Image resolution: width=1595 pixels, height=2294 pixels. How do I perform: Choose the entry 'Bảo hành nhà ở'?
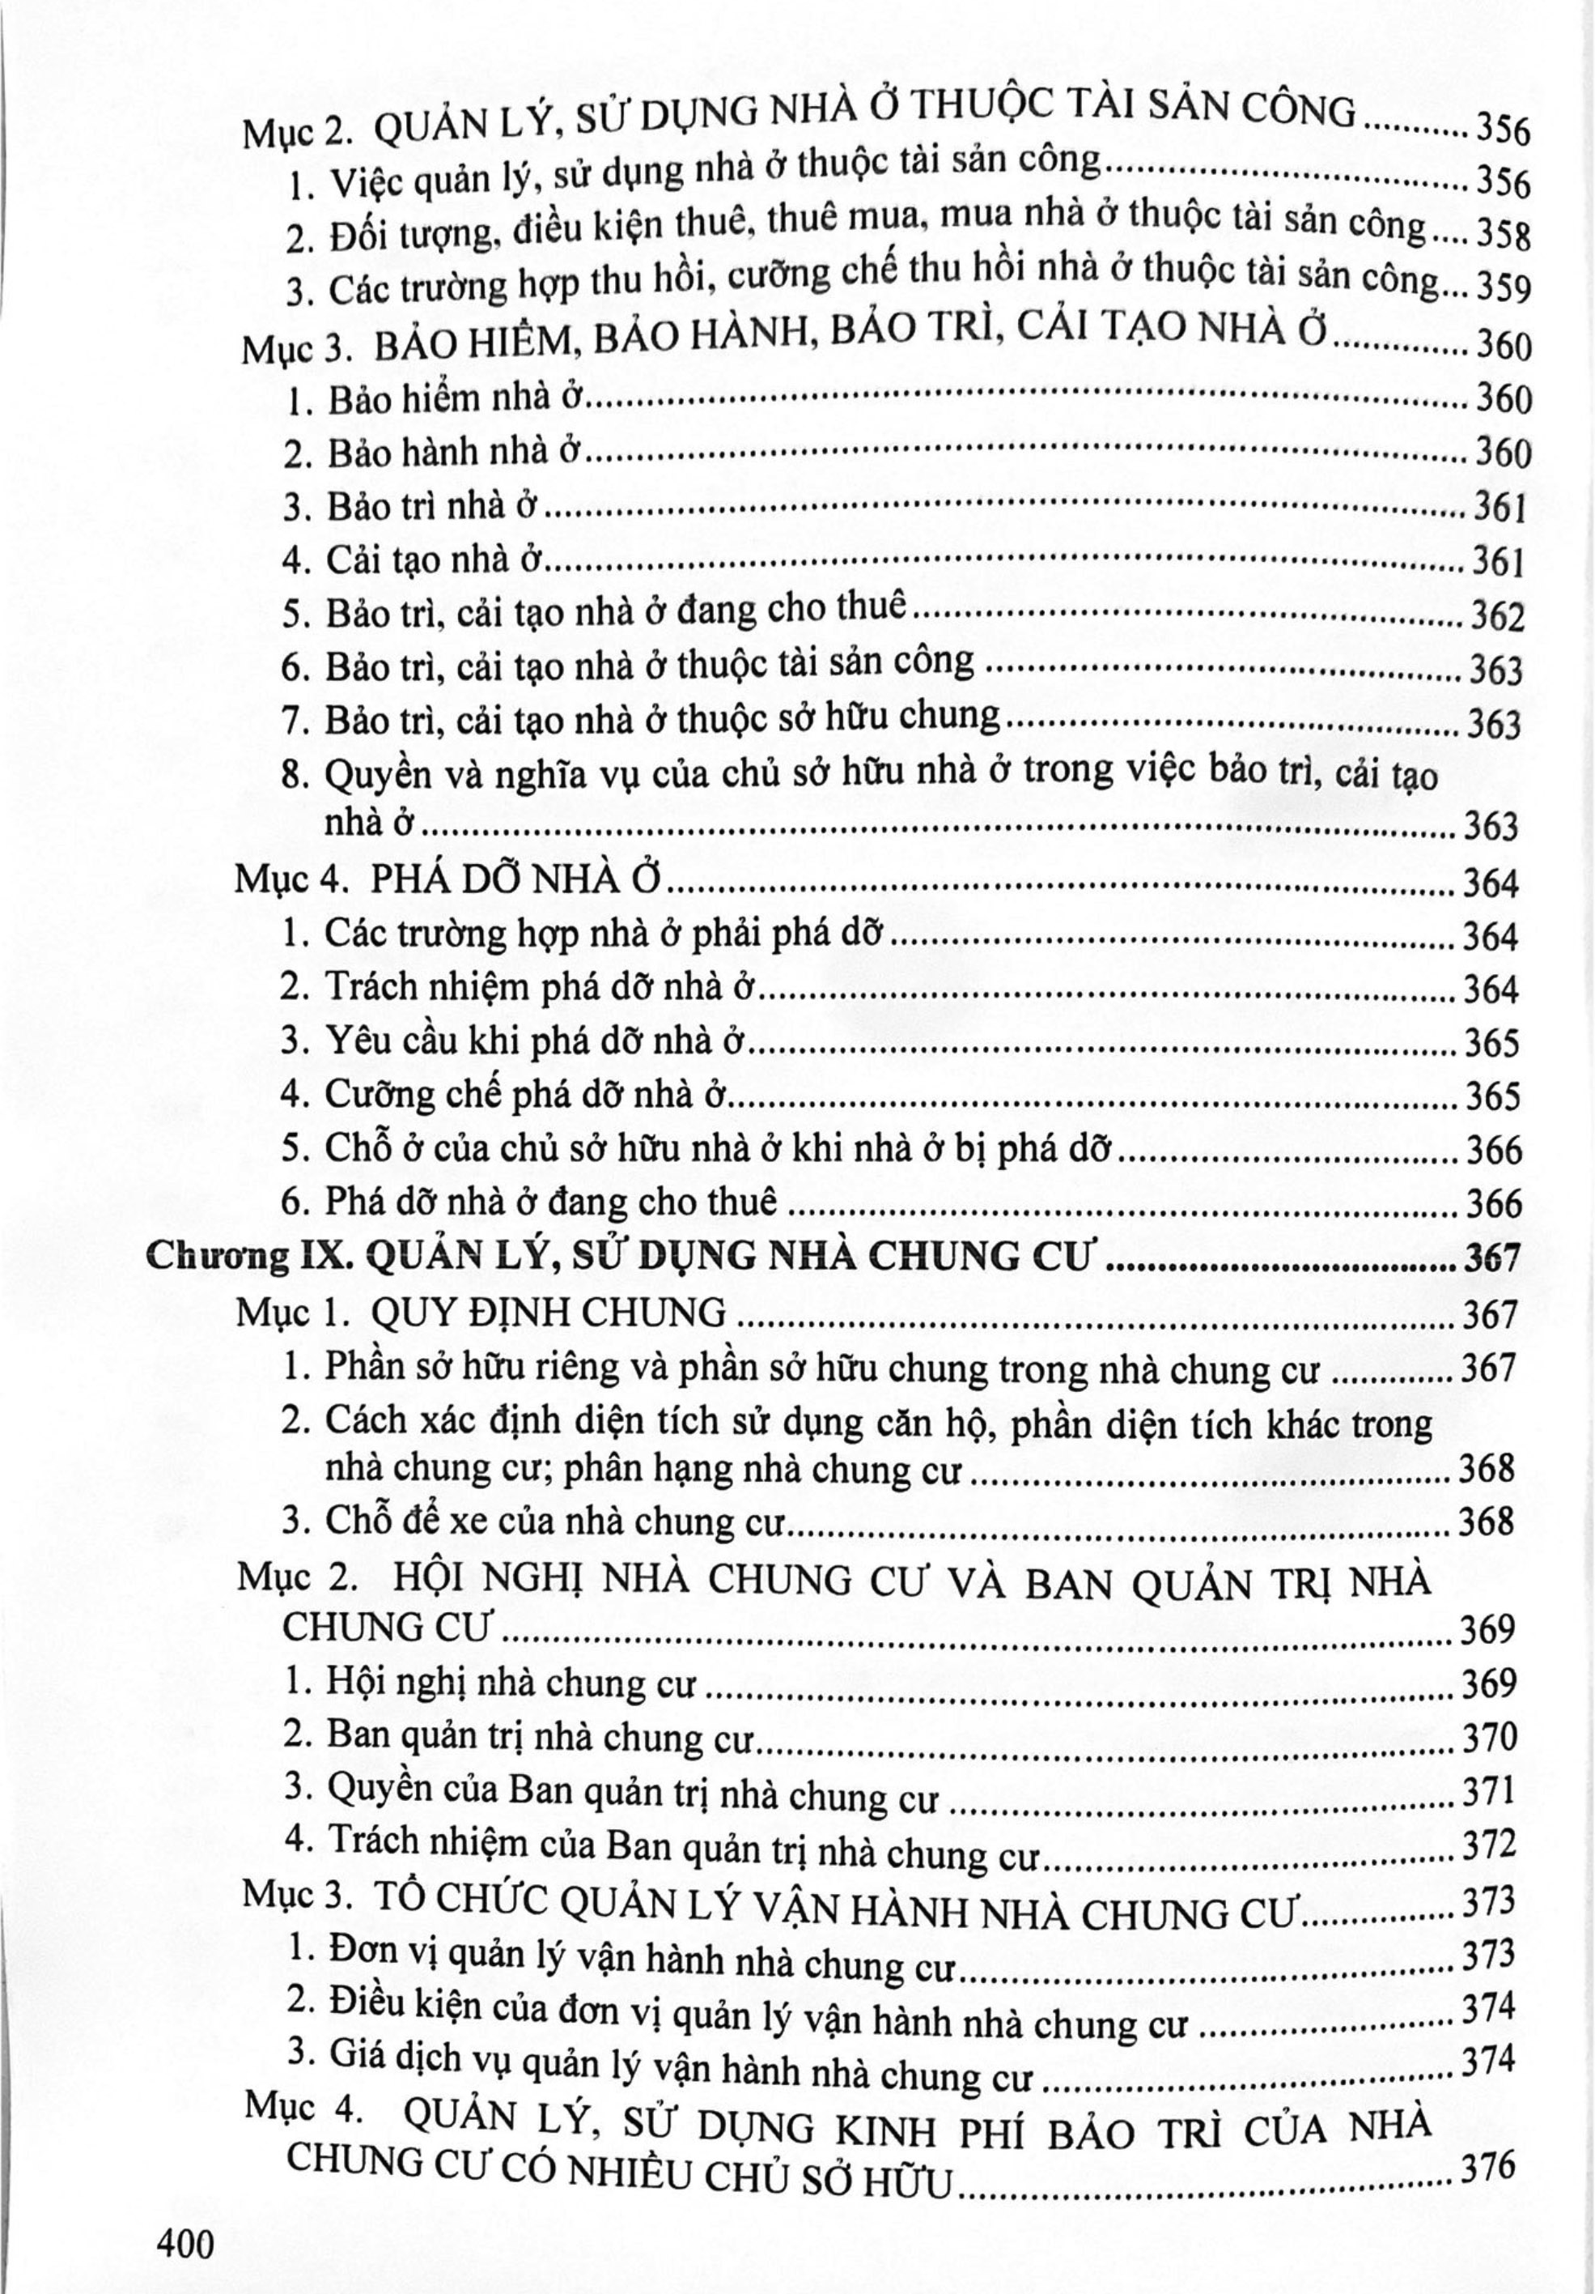click(455, 453)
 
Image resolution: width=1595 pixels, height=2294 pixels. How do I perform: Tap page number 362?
click(1497, 616)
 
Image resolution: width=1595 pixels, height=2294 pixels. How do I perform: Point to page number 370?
click(1488, 1738)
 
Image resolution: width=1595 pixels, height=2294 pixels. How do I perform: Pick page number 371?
click(1488, 1790)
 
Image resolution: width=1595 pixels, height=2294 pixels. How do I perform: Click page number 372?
click(1488, 1845)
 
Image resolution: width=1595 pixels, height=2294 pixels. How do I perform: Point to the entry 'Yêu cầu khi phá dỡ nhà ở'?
click(537, 1041)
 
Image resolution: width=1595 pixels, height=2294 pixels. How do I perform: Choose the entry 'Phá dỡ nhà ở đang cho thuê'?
click(550, 1201)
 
